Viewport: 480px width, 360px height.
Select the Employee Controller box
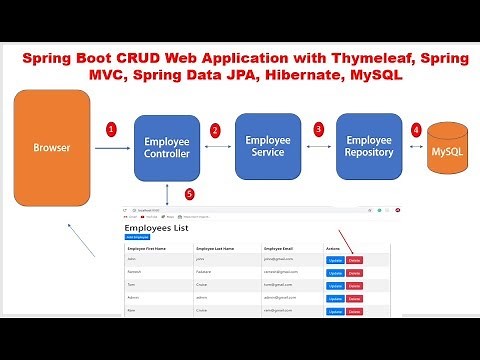(x=167, y=148)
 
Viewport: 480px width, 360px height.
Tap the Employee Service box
(x=267, y=146)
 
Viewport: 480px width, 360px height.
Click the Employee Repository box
(x=369, y=146)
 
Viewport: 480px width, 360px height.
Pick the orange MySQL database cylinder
(x=447, y=151)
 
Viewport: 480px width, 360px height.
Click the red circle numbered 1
(x=112, y=129)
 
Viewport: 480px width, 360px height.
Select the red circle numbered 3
(x=319, y=129)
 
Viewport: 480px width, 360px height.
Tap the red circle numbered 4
(x=416, y=130)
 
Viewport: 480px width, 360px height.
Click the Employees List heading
(x=156, y=228)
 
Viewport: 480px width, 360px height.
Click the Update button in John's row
(x=334, y=260)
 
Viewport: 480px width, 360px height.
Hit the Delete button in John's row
(x=354, y=260)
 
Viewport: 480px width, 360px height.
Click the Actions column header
(x=333, y=247)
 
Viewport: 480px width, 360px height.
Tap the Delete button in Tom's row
(x=354, y=285)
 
